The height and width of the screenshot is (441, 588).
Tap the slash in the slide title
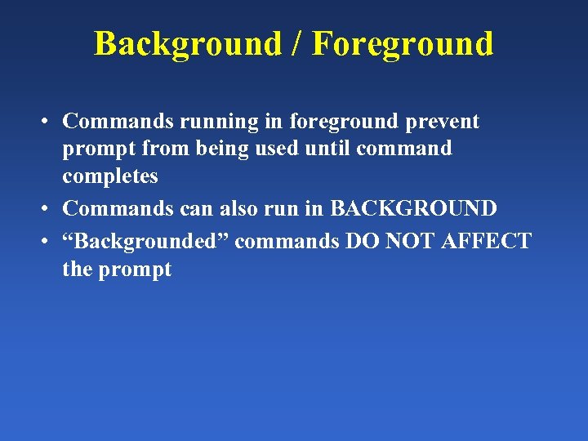[x=300, y=43]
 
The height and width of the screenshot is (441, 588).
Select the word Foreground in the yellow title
[x=403, y=43]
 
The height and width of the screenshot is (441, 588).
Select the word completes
[x=110, y=176]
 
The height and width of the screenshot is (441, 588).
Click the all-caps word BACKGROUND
[x=413, y=208]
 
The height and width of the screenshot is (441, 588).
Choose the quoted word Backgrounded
[x=146, y=242]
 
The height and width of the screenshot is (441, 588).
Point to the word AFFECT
[x=483, y=242]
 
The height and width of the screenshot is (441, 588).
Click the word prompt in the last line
[x=135, y=270]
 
